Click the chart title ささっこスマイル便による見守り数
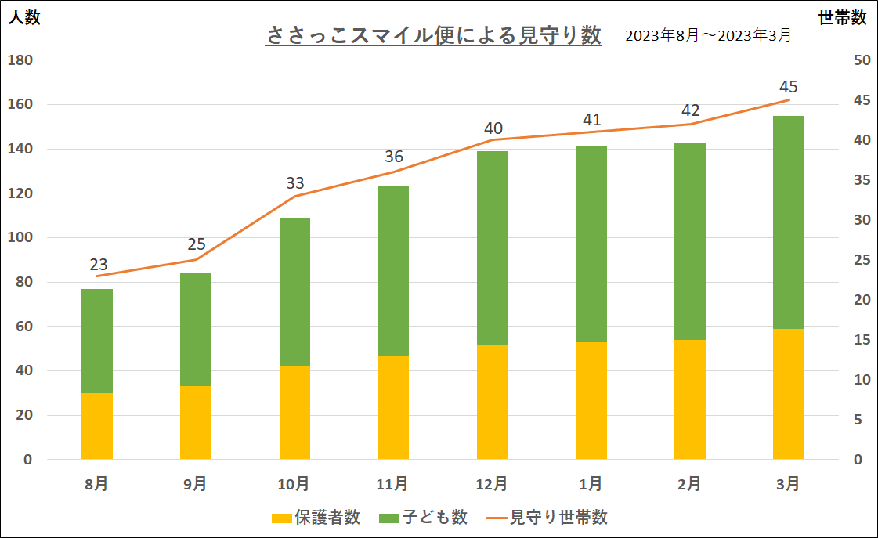pyautogui.click(x=433, y=36)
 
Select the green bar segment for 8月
pyautogui.click(x=97, y=341)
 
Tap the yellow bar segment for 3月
pyautogui.click(x=788, y=394)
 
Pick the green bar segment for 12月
pyautogui.click(x=492, y=247)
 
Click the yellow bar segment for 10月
pyautogui.click(x=294, y=413)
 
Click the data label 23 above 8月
pyautogui.click(x=99, y=264)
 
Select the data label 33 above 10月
pyautogui.click(x=295, y=183)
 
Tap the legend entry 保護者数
pyautogui.click(x=316, y=518)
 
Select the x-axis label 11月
pyautogui.click(x=393, y=484)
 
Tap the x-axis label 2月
pyautogui.click(x=689, y=484)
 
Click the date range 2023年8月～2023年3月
pyautogui.click(x=708, y=36)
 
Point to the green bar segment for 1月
pyautogui.click(x=591, y=244)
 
